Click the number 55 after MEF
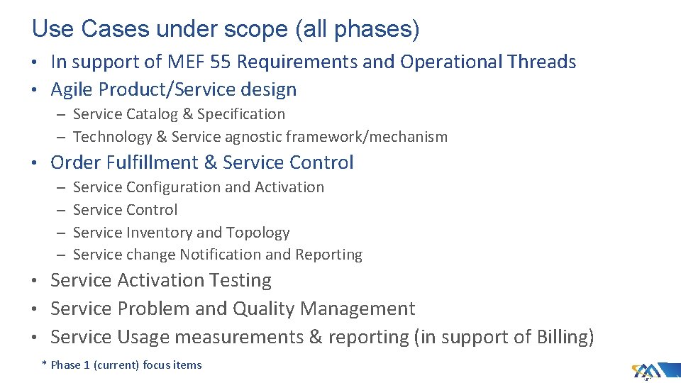[221, 62]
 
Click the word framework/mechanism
[377, 137]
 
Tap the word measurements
[239, 337]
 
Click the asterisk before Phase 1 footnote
[44, 364]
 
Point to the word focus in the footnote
[157, 365]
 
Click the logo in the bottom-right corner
[646, 371]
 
